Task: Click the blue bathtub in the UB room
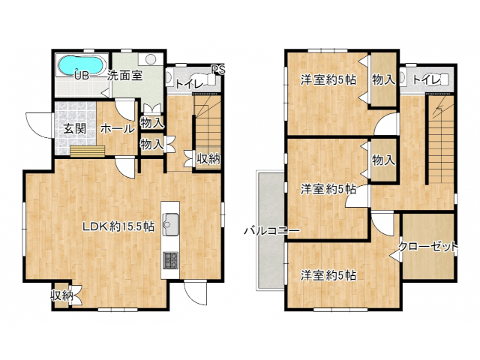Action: coord(81,65)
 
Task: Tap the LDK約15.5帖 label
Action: coord(118,226)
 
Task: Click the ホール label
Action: coord(118,129)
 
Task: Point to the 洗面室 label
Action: coord(125,75)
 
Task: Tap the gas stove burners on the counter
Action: coord(170,260)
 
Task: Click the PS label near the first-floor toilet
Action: coord(218,70)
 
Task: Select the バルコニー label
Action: coord(271,231)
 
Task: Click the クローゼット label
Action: coord(428,247)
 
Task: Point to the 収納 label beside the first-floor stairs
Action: coord(208,158)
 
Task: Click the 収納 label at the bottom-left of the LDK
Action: coord(61,295)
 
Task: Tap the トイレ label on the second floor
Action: coord(427,80)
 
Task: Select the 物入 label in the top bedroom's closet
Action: coord(383,80)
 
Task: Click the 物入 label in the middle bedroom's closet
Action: coord(383,160)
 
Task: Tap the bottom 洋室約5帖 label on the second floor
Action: coord(328,275)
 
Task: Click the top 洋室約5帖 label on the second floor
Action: coord(328,80)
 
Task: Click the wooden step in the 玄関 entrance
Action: coord(88,151)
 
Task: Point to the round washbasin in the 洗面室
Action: coord(151,59)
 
